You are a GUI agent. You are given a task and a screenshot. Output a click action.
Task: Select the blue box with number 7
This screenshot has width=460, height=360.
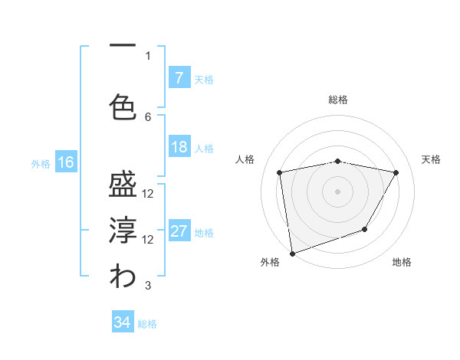tap(179, 78)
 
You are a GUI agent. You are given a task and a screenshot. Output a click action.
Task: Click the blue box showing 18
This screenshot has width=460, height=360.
tap(179, 148)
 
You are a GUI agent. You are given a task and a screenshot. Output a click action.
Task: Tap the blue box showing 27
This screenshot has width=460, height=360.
tap(179, 232)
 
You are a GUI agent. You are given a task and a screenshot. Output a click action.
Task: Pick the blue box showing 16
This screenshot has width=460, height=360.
tap(65, 162)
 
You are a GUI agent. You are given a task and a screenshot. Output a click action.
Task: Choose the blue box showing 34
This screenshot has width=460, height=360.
tap(122, 323)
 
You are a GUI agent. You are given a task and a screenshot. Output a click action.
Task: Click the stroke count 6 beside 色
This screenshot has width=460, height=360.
tap(148, 116)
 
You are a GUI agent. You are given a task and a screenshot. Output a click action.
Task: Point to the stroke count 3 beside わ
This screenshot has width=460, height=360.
tap(148, 286)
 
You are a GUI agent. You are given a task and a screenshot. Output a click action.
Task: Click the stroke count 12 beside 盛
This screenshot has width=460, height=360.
tap(148, 194)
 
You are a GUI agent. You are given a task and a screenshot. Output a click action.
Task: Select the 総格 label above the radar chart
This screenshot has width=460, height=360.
tap(338, 100)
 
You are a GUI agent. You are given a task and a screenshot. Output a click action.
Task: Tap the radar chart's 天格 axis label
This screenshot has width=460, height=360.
tap(432, 159)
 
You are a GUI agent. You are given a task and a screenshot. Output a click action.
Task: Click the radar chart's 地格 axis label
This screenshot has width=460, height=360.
tap(402, 262)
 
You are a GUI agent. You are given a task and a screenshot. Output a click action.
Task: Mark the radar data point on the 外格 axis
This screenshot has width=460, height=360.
tap(292, 253)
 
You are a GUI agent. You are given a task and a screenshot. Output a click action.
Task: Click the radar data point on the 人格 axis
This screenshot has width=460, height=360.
tap(280, 172)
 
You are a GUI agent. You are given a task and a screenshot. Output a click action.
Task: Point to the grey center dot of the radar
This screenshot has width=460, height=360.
tap(338, 191)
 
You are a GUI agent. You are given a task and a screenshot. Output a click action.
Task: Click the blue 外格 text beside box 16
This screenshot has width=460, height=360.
tap(40, 163)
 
